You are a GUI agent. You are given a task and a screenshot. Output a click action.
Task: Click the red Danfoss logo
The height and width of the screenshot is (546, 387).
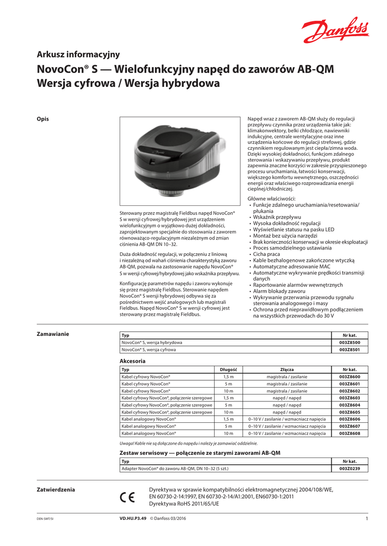click(328, 31)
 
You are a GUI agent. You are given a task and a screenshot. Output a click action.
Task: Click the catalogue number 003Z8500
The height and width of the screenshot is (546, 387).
click(350, 342)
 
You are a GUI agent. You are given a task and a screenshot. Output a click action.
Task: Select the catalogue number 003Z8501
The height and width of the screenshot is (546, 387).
click(350, 350)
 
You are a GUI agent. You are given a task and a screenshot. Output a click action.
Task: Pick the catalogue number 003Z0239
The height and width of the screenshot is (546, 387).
click(350, 468)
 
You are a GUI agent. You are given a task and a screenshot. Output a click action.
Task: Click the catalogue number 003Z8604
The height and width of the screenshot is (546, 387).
click(350, 405)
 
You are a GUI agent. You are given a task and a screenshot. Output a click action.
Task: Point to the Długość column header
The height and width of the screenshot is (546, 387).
click(228, 370)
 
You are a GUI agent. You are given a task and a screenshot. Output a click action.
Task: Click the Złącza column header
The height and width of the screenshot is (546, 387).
click(287, 370)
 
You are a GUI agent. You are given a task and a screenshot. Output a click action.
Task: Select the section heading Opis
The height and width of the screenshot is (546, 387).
click(42, 119)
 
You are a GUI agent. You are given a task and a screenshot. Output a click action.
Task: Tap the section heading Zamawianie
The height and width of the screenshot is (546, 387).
click(52, 334)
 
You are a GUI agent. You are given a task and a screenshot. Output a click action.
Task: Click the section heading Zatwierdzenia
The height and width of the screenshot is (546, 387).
click(56, 489)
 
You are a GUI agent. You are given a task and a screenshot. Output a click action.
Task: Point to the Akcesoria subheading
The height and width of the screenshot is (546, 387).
click(132, 361)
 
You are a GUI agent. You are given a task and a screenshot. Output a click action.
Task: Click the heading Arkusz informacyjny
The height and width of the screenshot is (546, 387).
click(78, 54)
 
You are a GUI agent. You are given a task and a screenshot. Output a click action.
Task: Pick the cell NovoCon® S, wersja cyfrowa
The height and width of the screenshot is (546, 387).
click(148, 350)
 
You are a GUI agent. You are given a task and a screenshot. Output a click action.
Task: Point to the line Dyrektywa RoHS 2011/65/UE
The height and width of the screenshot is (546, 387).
click(184, 503)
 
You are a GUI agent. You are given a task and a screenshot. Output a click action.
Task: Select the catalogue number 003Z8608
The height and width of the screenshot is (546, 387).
click(350, 433)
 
